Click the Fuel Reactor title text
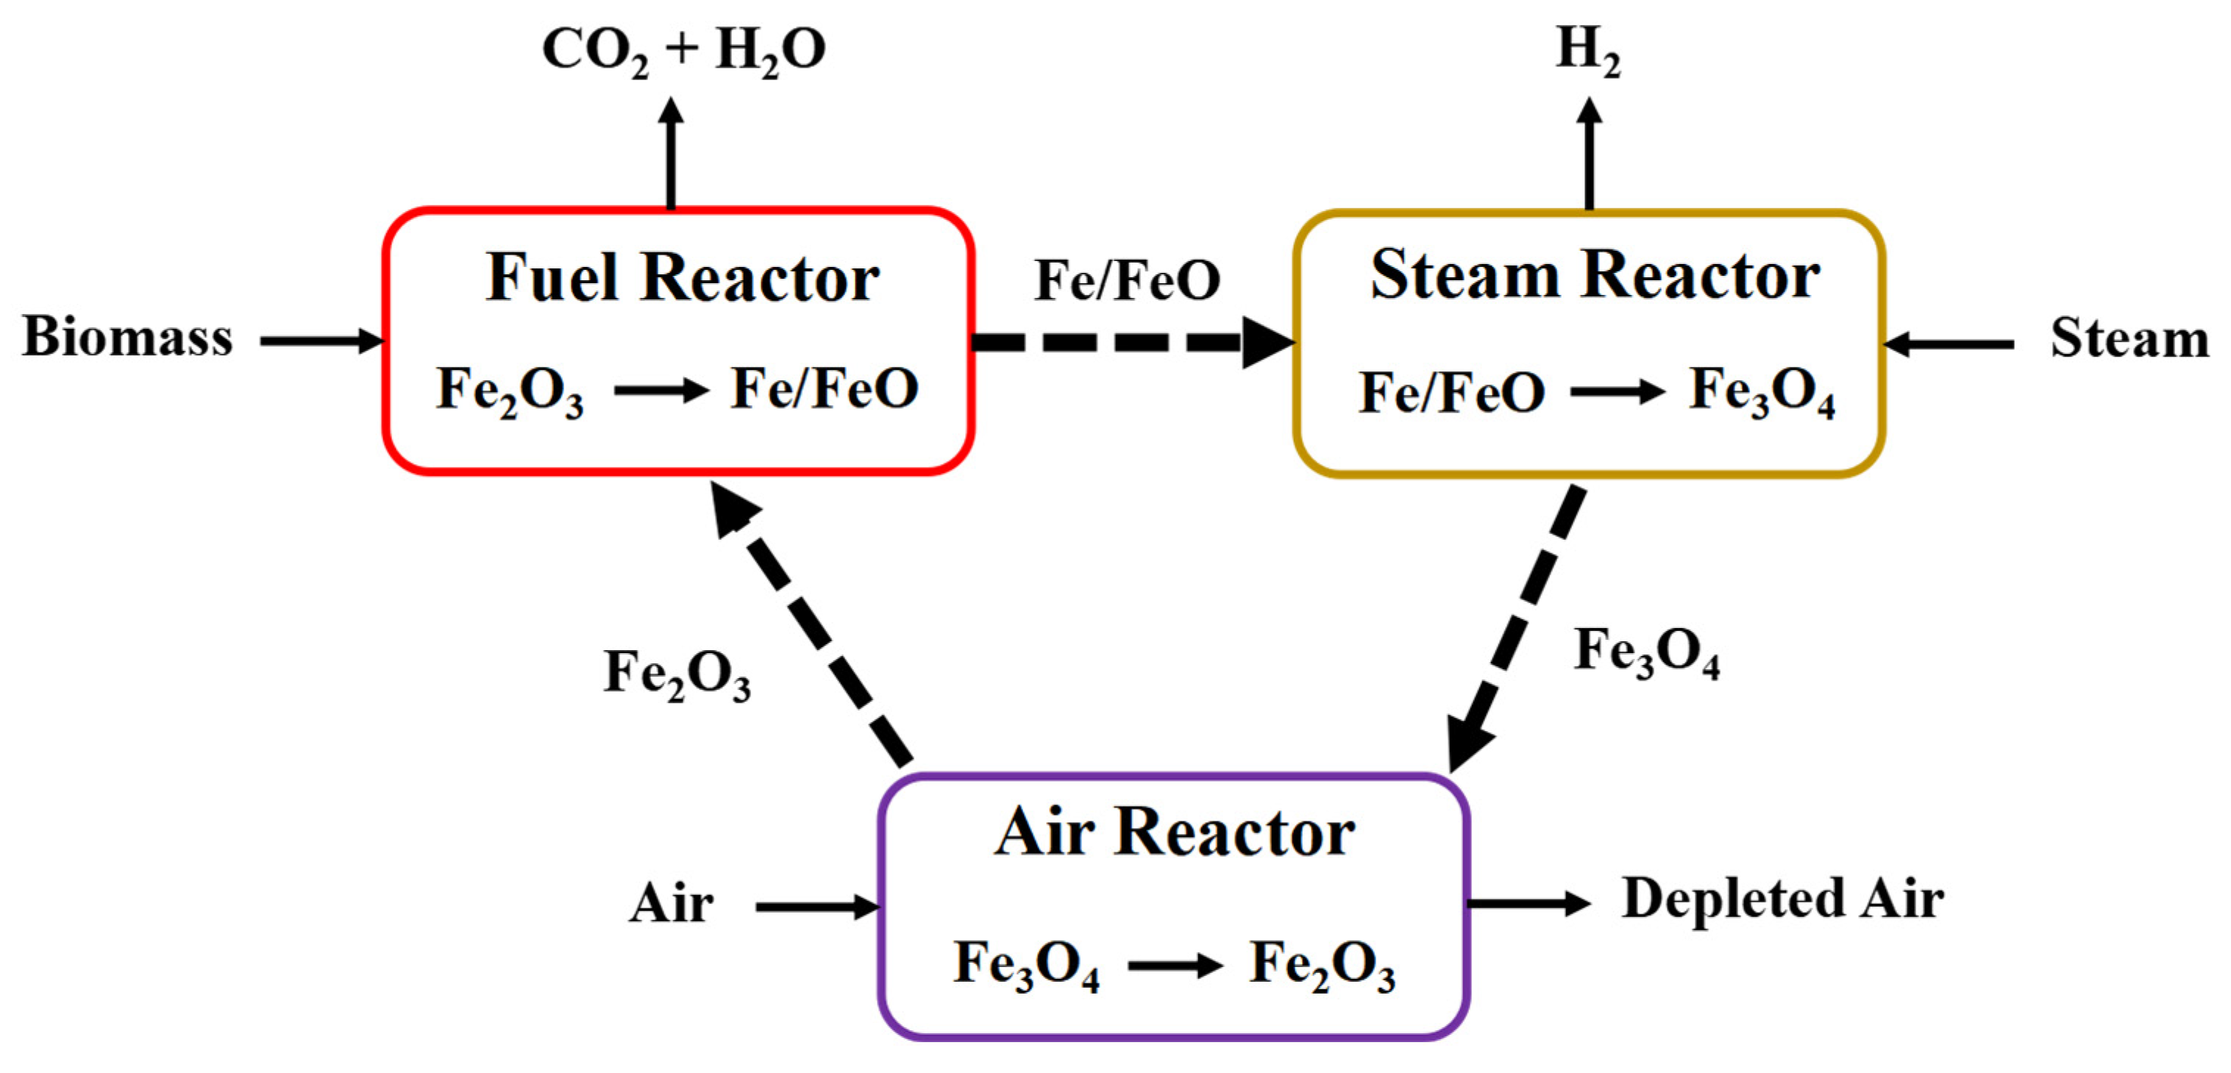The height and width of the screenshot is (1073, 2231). click(x=683, y=279)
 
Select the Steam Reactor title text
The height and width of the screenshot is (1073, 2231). click(x=1595, y=275)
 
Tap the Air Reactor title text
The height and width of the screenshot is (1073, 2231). click(x=1175, y=833)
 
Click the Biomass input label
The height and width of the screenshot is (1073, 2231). click(x=127, y=337)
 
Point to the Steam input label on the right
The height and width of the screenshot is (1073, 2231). click(x=2129, y=338)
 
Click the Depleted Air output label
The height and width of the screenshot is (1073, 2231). click(x=1782, y=898)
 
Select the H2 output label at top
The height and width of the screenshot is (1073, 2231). click(x=1587, y=50)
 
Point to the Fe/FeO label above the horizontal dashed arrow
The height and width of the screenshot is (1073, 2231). click(x=1128, y=282)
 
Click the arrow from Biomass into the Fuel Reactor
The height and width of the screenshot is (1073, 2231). click(x=321, y=341)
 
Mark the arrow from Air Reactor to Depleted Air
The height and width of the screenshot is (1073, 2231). click(x=1529, y=903)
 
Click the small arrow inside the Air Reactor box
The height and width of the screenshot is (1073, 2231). click(x=1175, y=965)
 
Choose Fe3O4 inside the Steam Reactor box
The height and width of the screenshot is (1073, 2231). click(x=1762, y=391)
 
